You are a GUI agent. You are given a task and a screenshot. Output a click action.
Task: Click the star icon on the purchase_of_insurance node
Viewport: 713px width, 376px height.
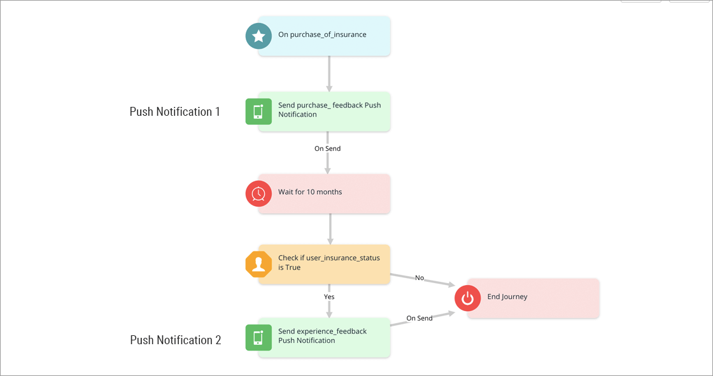tap(258, 36)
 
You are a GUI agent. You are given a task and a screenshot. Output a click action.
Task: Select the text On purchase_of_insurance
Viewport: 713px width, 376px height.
tap(322, 34)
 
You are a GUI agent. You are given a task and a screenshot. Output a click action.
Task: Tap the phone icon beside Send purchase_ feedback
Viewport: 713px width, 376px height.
tap(258, 111)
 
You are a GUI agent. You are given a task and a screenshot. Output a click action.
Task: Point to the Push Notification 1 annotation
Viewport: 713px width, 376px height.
tap(175, 112)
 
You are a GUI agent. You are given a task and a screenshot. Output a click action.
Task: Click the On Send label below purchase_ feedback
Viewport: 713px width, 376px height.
tap(327, 148)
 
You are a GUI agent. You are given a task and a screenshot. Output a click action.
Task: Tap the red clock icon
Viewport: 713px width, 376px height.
tap(258, 193)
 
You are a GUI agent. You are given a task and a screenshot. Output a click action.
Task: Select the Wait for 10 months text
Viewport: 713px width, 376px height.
tap(310, 191)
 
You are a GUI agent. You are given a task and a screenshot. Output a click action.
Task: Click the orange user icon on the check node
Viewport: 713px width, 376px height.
tap(258, 265)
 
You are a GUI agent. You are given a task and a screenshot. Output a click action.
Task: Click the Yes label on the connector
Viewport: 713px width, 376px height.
tap(329, 296)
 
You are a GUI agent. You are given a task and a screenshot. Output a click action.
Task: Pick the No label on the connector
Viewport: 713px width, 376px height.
tap(420, 278)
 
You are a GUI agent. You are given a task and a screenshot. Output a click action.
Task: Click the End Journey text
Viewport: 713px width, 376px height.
tap(507, 296)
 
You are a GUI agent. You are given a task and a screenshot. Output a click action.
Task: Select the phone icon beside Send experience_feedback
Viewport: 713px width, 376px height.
tap(258, 337)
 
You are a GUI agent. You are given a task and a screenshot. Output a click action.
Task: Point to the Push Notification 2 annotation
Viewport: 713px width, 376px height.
tap(176, 340)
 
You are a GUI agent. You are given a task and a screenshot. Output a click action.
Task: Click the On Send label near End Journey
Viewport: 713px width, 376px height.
tap(420, 318)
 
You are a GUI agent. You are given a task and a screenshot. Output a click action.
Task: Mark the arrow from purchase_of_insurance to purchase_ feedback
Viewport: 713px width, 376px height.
tap(329, 73)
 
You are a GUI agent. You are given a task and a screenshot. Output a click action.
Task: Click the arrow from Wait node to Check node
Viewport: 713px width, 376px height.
tap(329, 228)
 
